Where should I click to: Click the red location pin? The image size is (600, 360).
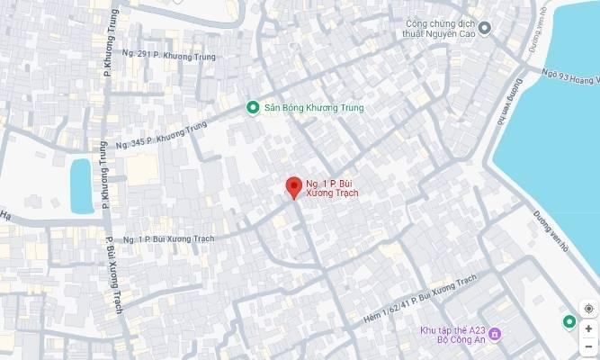292,187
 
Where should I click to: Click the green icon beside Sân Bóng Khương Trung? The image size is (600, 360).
253,109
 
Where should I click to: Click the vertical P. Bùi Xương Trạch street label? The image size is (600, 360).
114,273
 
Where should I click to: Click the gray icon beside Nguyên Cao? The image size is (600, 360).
485,28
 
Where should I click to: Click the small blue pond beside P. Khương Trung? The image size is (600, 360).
81,185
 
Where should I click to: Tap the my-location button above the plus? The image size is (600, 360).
588,309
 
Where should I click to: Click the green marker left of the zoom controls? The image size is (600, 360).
569,322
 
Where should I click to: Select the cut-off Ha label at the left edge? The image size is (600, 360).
4,215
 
